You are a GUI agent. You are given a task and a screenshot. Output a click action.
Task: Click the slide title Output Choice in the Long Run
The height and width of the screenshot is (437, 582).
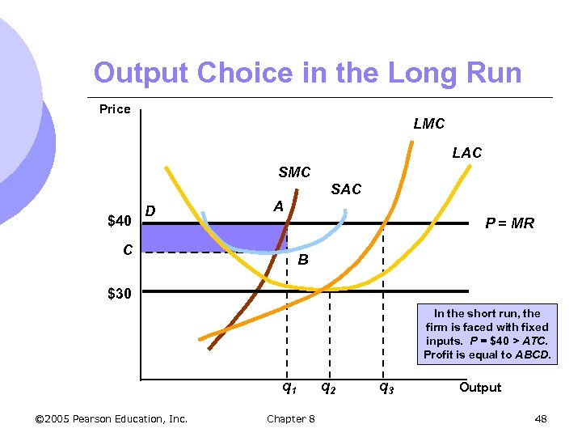[307, 73]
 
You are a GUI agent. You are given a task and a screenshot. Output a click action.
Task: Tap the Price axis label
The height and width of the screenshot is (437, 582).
[115, 109]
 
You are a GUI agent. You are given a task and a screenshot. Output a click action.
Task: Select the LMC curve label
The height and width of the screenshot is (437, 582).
[428, 124]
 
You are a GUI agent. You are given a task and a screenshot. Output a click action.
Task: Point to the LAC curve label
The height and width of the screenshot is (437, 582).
[466, 153]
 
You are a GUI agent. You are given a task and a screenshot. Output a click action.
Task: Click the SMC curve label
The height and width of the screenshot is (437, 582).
[294, 172]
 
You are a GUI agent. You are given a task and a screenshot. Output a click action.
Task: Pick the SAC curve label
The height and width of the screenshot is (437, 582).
[346, 189]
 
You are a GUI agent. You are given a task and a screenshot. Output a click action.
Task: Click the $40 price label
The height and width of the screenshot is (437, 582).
[119, 221]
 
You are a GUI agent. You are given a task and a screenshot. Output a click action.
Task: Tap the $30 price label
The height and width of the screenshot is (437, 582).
[119, 293]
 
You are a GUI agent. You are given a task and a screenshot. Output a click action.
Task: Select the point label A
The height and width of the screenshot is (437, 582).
[277, 206]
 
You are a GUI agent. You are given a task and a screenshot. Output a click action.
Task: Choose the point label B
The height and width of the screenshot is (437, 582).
[302, 261]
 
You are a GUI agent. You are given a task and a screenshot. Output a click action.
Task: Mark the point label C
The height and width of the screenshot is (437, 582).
[128, 250]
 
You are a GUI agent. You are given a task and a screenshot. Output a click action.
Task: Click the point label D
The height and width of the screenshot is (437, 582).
[150, 212]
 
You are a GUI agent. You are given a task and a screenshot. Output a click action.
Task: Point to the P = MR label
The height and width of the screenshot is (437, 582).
[509, 223]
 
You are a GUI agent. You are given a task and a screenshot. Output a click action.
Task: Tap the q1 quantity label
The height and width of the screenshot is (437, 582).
[289, 388]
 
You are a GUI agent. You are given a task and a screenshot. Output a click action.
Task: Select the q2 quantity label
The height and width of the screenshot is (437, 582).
[329, 388]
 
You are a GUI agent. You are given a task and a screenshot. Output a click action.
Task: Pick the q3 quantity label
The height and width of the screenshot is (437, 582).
[386, 388]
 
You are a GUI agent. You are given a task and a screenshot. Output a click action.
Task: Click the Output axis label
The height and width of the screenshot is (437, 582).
[480, 388]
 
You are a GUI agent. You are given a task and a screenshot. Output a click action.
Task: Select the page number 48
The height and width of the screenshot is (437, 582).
[541, 418]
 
